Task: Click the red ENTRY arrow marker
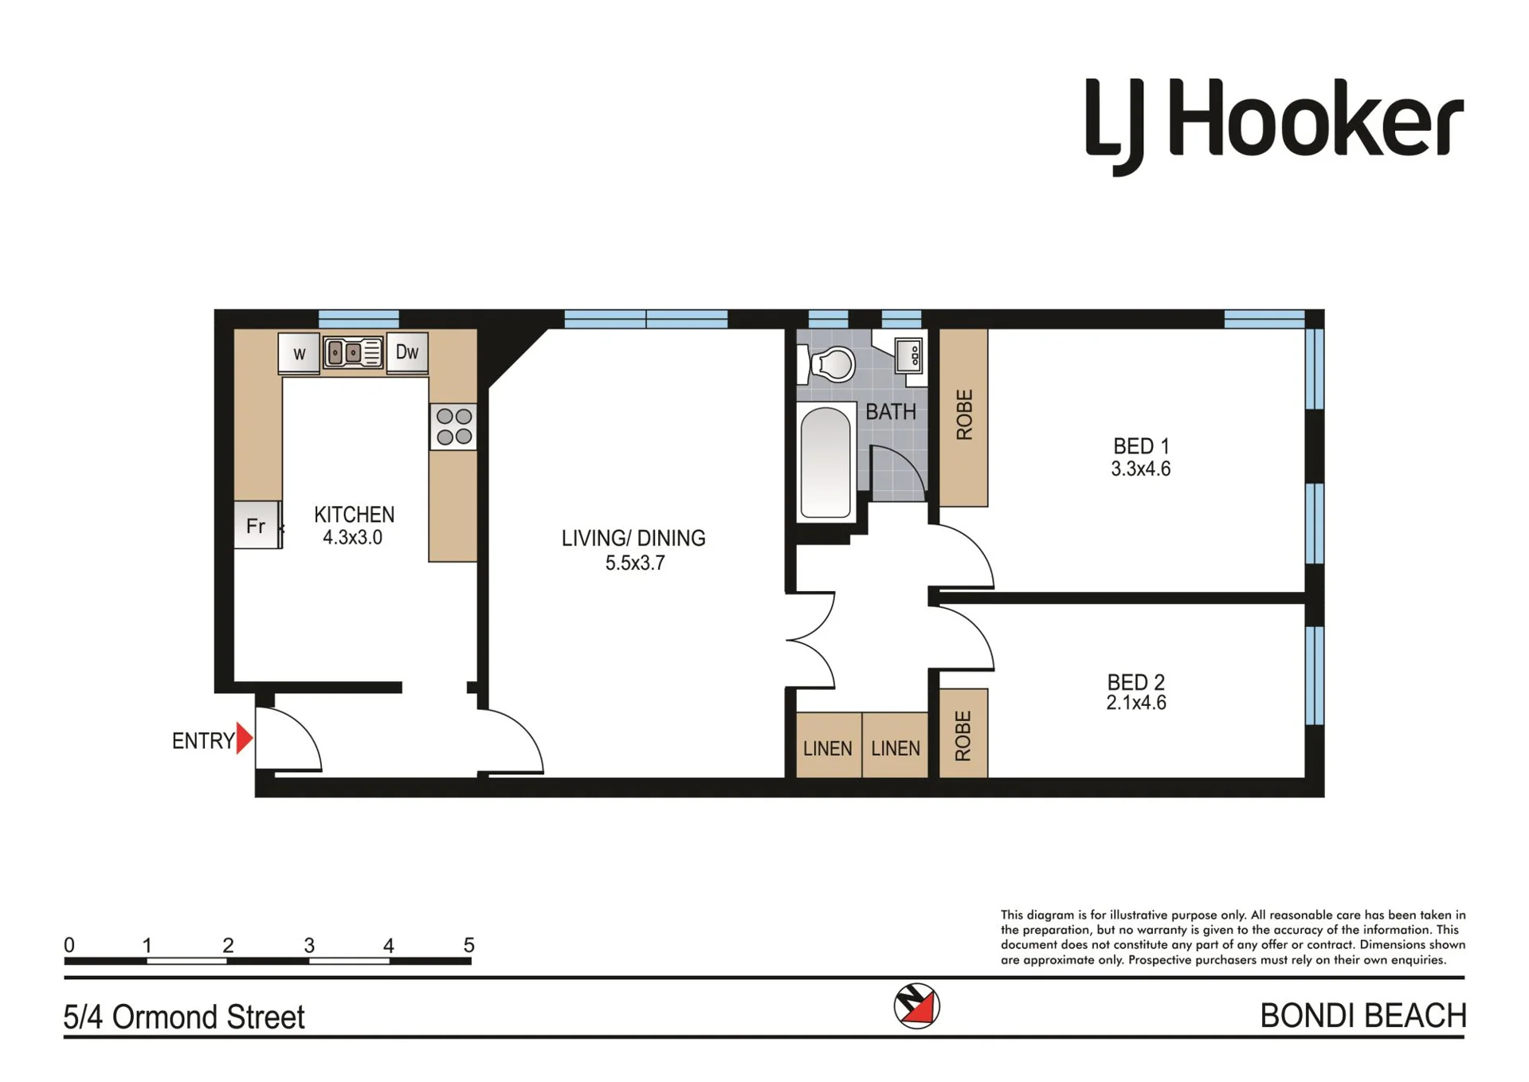tap(244, 739)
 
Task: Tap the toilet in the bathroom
tap(829, 365)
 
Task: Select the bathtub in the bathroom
tap(825, 463)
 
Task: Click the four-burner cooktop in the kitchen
tap(453, 426)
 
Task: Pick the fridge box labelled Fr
tap(257, 525)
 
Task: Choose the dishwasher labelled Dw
tap(407, 352)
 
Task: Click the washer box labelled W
tap(299, 353)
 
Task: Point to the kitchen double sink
tap(353, 352)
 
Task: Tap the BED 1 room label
tap(1141, 445)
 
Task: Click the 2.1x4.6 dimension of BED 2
tap(1136, 703)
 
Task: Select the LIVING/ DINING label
tap(633, 539)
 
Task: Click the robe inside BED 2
tap(963, 733)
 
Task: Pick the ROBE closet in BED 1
tap(964, 418)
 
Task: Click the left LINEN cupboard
tap(829, 745)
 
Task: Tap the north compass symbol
tap(916, 1006)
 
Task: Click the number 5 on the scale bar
tap(469, 945)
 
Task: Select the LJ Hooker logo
tap(1274, 124)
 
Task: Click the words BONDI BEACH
tap(1362, 1016)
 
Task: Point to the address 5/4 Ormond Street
tap(184, 1017)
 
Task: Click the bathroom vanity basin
tap(908, 355)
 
